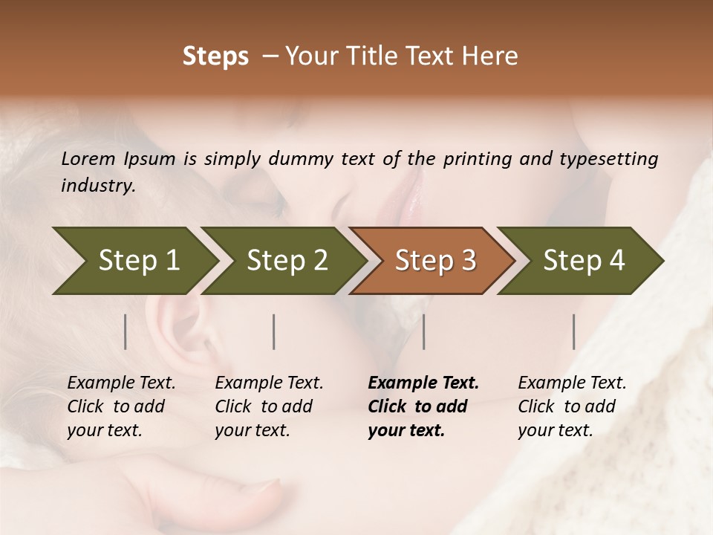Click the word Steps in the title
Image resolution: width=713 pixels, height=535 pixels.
pos(215,56)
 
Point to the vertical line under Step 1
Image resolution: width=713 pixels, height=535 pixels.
pos(126,331)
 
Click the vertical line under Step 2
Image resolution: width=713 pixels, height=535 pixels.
pos(274,331)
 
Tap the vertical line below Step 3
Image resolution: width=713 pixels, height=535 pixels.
pos(423,331)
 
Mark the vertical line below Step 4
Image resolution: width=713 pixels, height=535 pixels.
pos(574,331)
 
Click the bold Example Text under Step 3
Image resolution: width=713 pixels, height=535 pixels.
pos(423,383)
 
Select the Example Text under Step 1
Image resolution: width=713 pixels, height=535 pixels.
pos(121,383)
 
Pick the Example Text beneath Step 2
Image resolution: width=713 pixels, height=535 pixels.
pos(269,383)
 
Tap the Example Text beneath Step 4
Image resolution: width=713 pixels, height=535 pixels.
pos(572,383)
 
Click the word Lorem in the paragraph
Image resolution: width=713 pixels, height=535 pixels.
pos(88,158)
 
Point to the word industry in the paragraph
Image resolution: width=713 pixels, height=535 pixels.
pos(97,186)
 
